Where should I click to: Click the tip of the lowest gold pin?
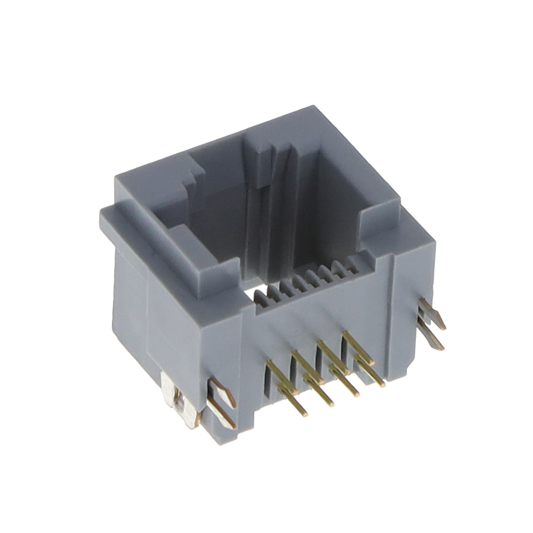coord(304,414)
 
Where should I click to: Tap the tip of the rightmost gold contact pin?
coord(384,385)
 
